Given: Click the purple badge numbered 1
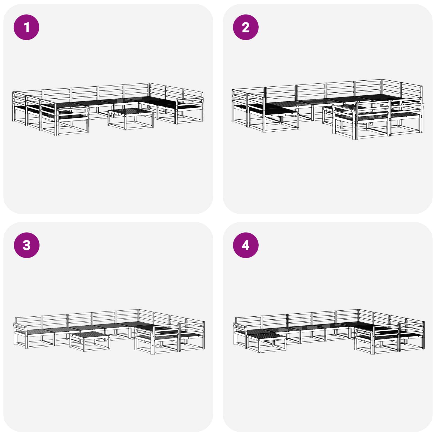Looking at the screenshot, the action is [26, 27].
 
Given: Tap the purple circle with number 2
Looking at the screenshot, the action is [246, 27].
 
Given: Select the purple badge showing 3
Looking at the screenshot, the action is [26, 245].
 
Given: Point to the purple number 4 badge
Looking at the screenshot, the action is [246, 245].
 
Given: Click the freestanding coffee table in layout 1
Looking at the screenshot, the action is [131, 119].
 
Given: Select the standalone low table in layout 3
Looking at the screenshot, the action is [90, 340].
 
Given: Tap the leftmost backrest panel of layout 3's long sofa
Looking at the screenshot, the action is [28, 320].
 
